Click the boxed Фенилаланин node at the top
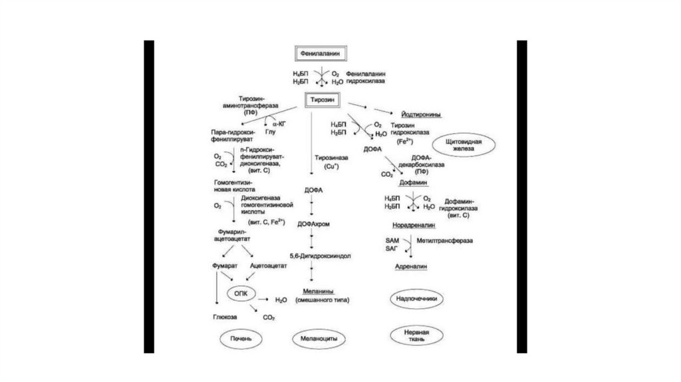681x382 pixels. coord(323,51)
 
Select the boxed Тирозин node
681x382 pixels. coord(323,99)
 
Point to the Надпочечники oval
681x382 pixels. coord(416,299)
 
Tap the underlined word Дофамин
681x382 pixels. coord(413,182)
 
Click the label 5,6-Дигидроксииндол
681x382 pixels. coord(315,256)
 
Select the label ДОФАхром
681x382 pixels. coord(314,223)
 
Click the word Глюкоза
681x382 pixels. coord(224,317)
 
